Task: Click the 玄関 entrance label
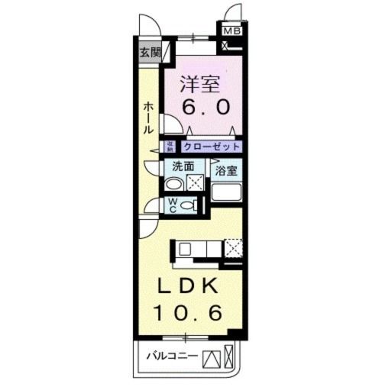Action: click(x=150, y=53)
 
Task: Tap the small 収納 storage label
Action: click(x=171, y=147)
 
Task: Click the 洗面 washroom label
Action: click(x=183, y=166)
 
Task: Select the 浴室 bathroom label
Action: click(x=225, y=171)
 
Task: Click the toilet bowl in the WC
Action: click(x=193, y=205)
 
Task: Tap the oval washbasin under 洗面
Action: click(x=174, y=183)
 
